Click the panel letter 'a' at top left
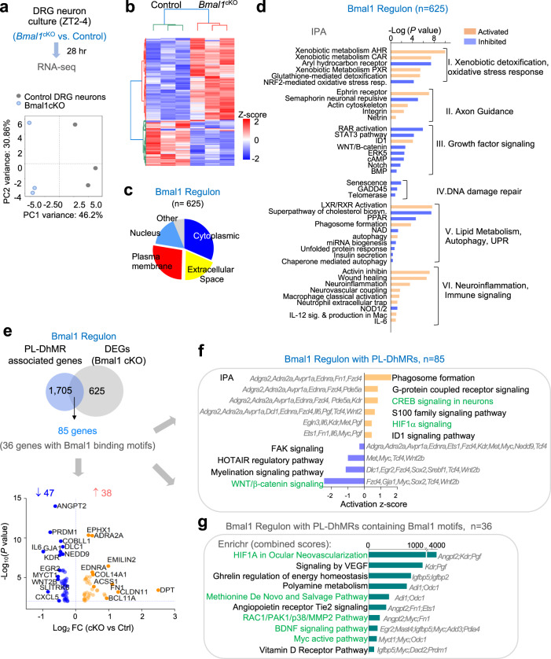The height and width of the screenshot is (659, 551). pos(6,8)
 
